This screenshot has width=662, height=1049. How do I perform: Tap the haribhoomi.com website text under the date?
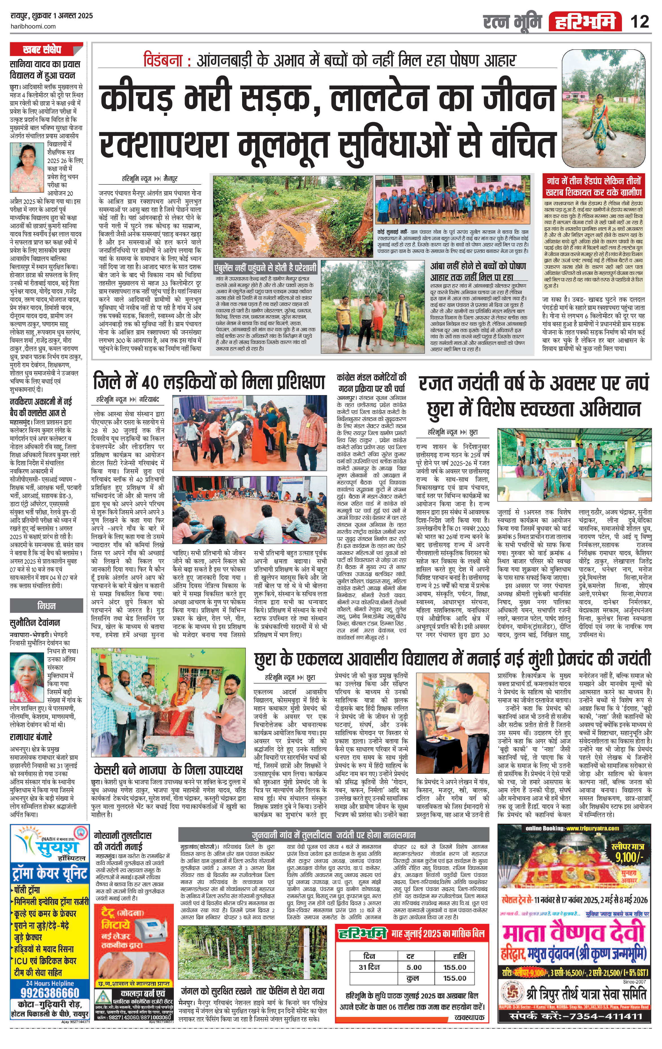tap(33, 26)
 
